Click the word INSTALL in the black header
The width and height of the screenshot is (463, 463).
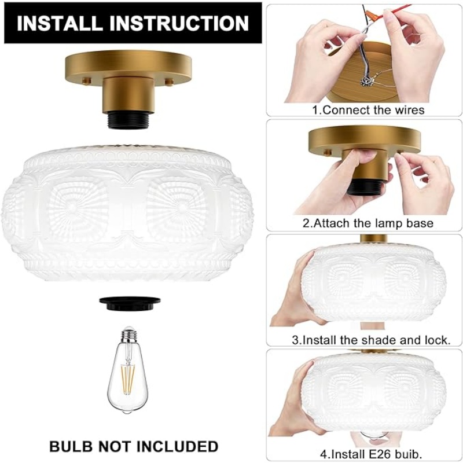[x=59, y=23]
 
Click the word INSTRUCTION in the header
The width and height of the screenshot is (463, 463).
[x=179, y=23]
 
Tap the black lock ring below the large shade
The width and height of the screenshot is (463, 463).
[x=130, y=303]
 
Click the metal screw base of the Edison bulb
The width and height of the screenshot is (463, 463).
[x=128, y=335]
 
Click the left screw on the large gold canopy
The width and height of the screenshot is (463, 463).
[x=86, y=81]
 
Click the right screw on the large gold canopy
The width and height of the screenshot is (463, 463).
[x=169, y=82]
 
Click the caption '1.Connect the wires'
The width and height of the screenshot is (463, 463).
[x=368, y=110]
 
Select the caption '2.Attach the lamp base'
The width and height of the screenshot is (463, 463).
[x=368, y=223]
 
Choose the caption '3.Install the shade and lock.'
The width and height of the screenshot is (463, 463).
[x=371, y=340]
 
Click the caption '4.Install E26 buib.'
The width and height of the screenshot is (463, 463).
[x=371, y=453]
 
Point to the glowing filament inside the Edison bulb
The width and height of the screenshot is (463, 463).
[x=128, y=380]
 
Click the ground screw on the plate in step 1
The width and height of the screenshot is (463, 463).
[x=366, y=81]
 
